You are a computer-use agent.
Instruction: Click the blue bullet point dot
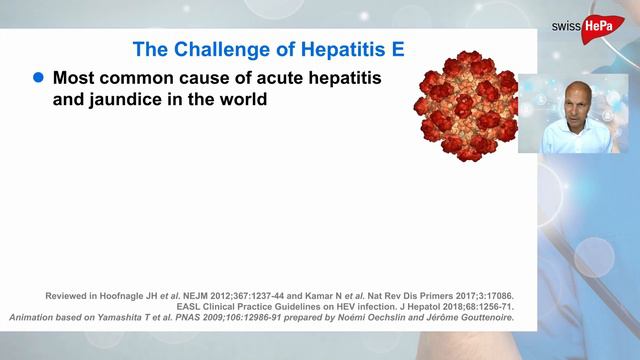40,77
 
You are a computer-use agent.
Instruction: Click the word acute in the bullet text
261,77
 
